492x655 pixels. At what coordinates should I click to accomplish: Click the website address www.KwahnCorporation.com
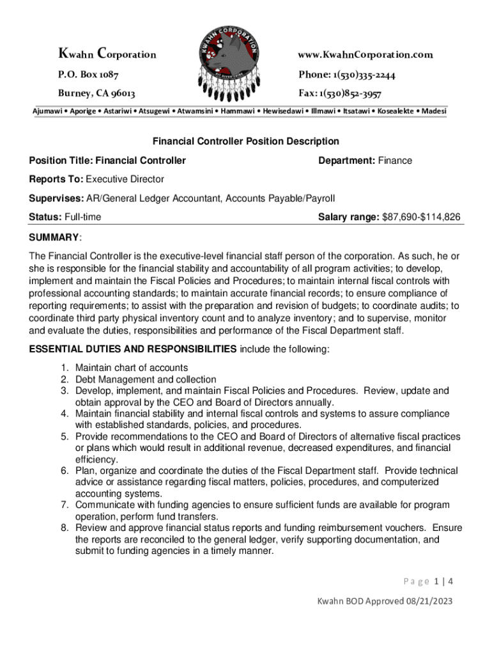(365, 55)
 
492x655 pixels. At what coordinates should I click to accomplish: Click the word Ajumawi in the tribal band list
(52, 111)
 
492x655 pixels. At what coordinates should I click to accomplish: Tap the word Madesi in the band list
(434, 111)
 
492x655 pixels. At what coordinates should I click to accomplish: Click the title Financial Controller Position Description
(245, 141)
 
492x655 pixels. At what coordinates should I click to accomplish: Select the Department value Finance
(395, 161)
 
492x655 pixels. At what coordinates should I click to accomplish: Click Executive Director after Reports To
(125, 179)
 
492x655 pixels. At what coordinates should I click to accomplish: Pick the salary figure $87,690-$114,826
(421, 217)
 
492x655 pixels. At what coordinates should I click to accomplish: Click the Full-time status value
(79, 217)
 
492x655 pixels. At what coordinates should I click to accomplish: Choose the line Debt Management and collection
(146, 379)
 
